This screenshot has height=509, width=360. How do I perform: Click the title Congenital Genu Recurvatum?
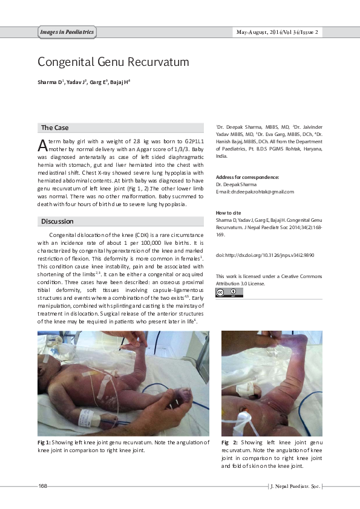(114, 62)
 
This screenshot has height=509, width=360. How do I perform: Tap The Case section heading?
(54, 128)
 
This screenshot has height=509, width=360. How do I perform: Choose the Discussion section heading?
(57, 221)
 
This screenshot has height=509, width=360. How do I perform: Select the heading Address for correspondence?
(247, 177)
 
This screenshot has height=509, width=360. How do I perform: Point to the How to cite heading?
(228, 213)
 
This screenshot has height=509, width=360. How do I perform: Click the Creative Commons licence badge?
(230, 293)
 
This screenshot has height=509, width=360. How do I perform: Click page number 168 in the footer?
(43, 486)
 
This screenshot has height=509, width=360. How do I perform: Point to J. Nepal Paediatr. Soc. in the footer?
(295, 486)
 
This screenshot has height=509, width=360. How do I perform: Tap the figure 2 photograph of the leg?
(271, 382)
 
